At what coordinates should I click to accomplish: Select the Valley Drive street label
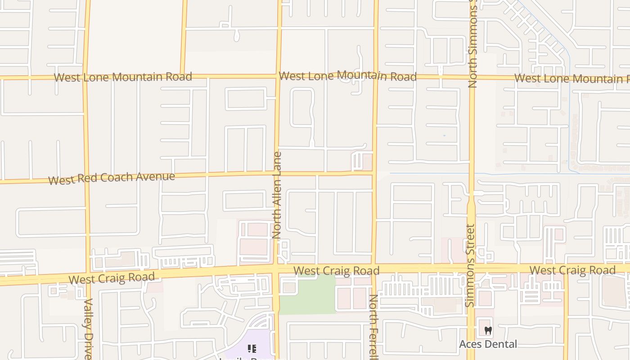tap(88, 328)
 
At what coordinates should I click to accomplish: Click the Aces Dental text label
tap(488, 344)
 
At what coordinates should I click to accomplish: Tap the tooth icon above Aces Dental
tap(488, 331)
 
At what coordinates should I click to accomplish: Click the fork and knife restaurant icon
tap(252, 348)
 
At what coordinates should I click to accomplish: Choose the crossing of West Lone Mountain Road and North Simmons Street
tap(472, 77)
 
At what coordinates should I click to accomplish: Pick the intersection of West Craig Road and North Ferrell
tap(373, 269)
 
